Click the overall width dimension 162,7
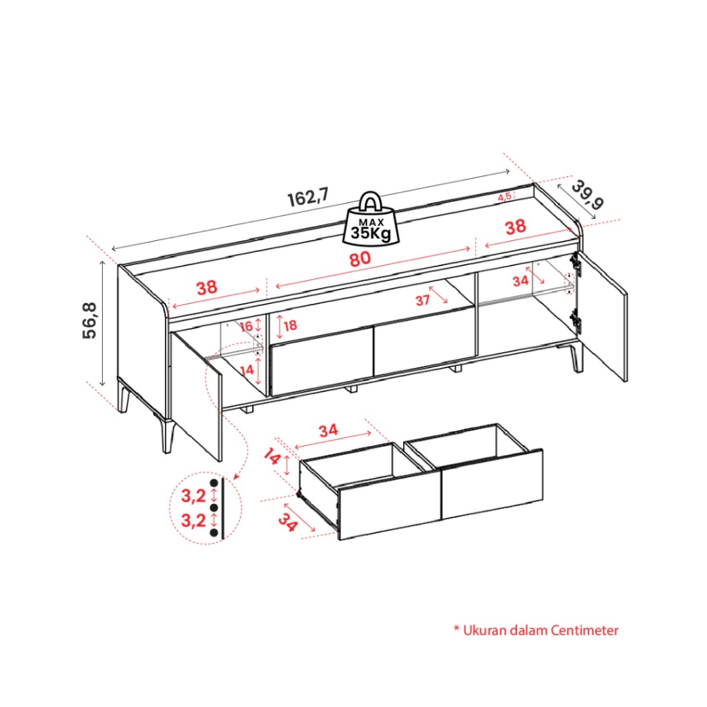coord(309,197)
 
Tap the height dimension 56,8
coord(90,320)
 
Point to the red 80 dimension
coord(360,259)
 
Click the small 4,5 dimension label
coord(505,197)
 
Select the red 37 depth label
coord(423,300)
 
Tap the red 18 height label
coord(291,325)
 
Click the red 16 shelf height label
coord(246,326)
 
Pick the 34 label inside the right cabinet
coord(521,281)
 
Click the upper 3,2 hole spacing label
coord(193,496)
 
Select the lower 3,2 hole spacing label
coord(193,521)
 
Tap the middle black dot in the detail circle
coord(214,508)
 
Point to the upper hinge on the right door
coord(576,264)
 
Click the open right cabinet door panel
coord(602,316)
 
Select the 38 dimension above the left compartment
coord(206,287)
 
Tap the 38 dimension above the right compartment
coord(515,226)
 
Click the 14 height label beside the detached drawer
coord(272,457)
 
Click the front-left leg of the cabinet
coord(168,436)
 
